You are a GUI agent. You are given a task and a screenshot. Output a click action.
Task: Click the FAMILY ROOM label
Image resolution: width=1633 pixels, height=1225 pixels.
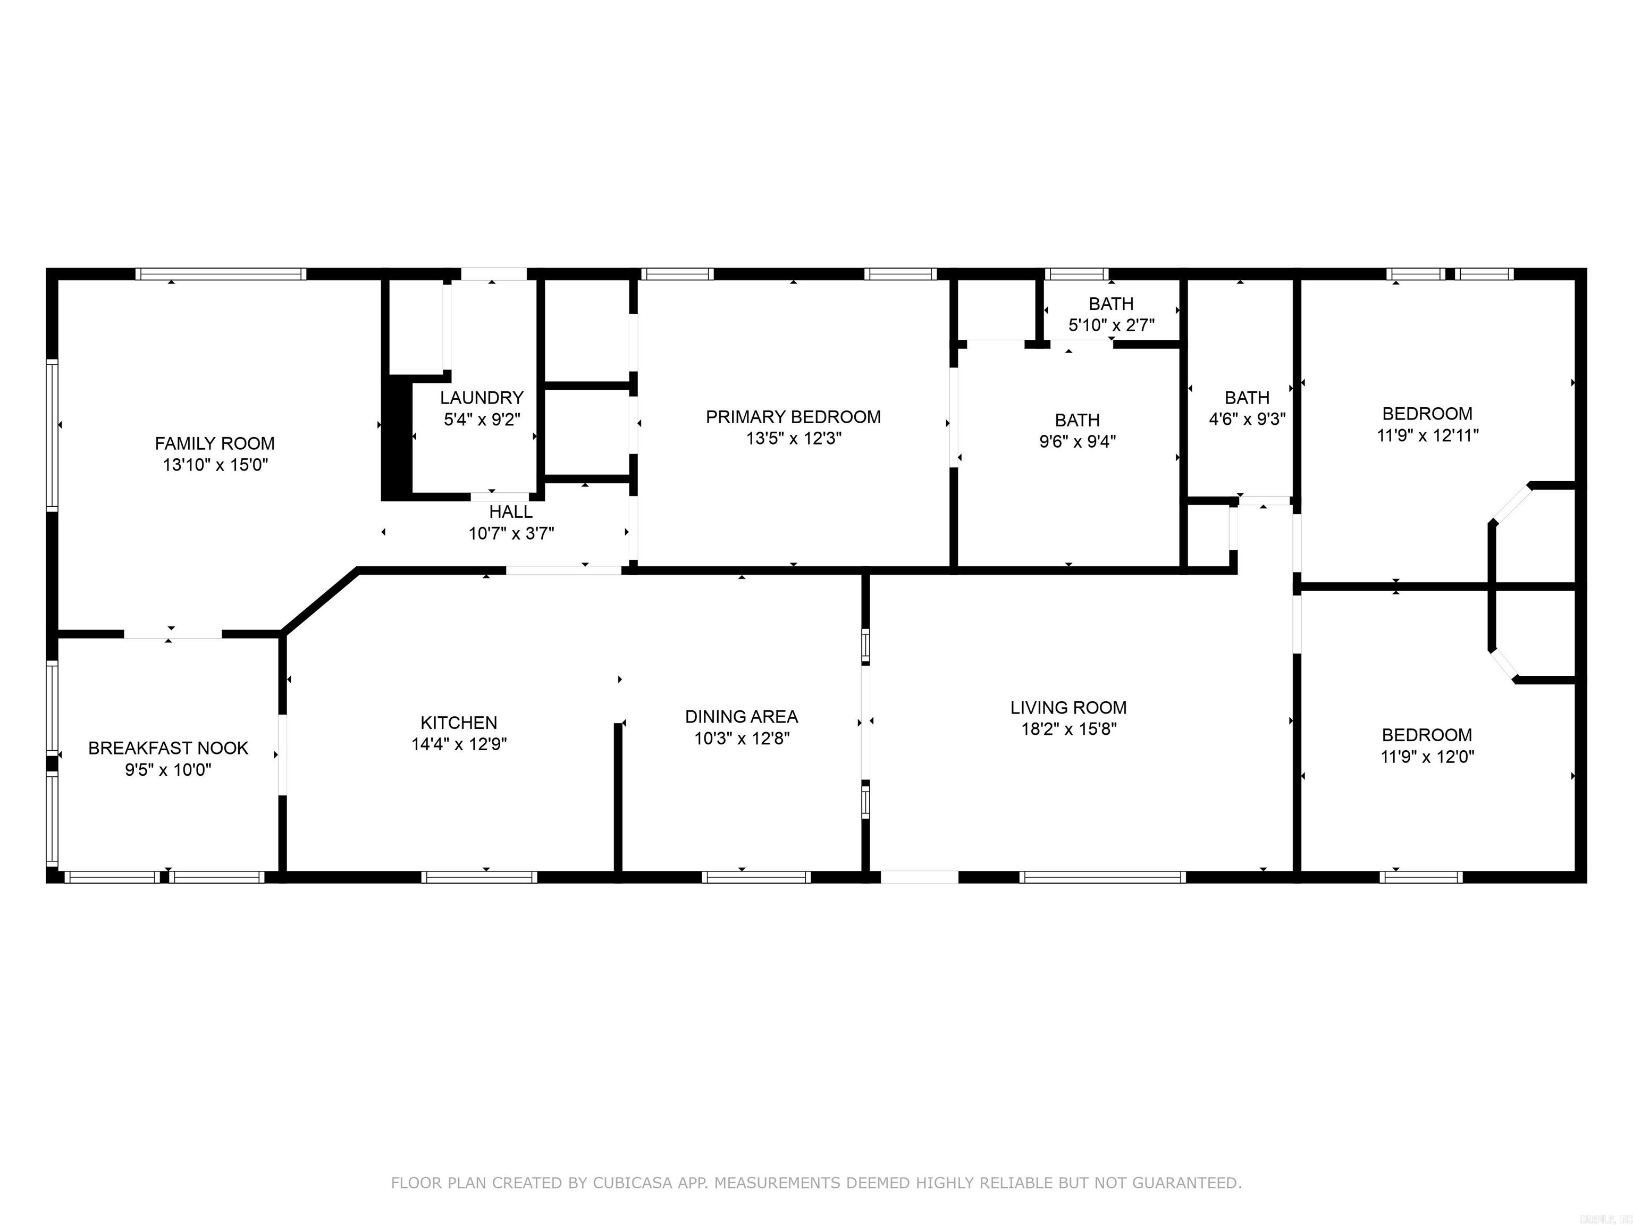click(x=215, y=444)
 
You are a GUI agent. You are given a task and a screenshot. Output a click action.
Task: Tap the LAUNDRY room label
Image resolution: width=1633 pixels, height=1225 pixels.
click(x=482, y=398)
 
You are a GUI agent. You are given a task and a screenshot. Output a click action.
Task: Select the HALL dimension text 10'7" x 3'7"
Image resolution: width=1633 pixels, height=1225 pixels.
click(x=511, y=533)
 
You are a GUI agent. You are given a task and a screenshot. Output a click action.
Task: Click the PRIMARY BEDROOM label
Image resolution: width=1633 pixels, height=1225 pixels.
click(x=794, y=417)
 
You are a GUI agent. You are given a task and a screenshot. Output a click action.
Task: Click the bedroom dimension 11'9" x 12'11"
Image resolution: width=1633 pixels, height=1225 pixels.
click(x=1428, y=435)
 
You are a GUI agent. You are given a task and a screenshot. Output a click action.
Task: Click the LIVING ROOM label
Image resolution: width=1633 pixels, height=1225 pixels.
click(x=1069, y=707)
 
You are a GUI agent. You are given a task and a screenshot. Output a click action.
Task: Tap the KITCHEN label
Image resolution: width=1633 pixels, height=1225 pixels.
click(x=459, y=723)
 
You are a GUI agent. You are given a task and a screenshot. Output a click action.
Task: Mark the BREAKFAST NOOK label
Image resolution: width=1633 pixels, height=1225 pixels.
click(x=169, y=748)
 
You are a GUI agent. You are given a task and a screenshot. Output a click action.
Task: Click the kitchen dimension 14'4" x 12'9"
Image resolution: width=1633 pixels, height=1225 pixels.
click(x=459, y=744)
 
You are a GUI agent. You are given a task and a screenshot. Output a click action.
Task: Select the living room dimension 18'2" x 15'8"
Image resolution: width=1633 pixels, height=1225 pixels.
click(x=1069, y=729)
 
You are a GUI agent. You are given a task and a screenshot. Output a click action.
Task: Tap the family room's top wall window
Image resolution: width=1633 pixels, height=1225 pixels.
click(x=221, y=274)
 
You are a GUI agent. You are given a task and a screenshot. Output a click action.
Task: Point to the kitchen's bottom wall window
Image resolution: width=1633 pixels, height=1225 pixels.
click(x=479, y=877)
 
